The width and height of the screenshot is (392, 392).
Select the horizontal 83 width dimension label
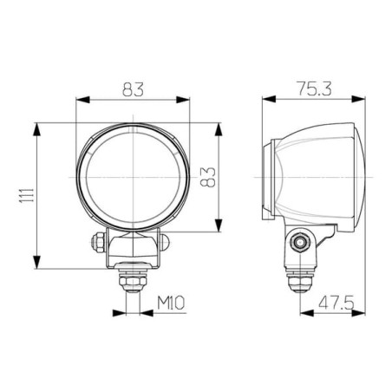133,89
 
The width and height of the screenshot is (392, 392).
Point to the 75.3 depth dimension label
314,88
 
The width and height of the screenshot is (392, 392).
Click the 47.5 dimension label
336,303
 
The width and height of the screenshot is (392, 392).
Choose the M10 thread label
171,303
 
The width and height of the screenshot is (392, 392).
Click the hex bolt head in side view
300,242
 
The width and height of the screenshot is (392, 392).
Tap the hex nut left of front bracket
98,242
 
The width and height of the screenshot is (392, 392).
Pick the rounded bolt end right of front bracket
164,242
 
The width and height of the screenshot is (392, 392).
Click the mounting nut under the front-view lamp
133,281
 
